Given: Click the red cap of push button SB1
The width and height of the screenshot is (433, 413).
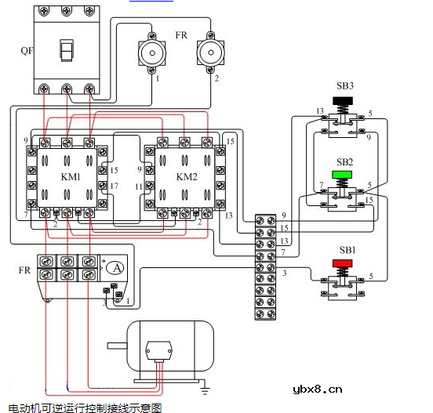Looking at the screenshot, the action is tap(343, 263).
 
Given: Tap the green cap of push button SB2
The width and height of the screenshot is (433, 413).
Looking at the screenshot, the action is tap(342, 174).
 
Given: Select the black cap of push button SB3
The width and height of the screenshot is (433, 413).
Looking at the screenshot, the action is tap(343, 100).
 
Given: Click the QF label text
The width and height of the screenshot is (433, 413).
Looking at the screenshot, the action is tap(27, 51).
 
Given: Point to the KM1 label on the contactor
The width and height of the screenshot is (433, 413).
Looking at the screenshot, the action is tap(71, 176).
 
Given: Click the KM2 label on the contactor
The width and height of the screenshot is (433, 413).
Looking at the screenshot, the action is tap(187, 176).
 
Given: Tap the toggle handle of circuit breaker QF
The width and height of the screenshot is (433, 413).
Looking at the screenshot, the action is tap(67, 50).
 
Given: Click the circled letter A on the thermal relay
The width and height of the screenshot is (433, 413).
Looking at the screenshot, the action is tap(117, 268).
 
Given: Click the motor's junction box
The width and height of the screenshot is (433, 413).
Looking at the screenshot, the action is tap(158, 350).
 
